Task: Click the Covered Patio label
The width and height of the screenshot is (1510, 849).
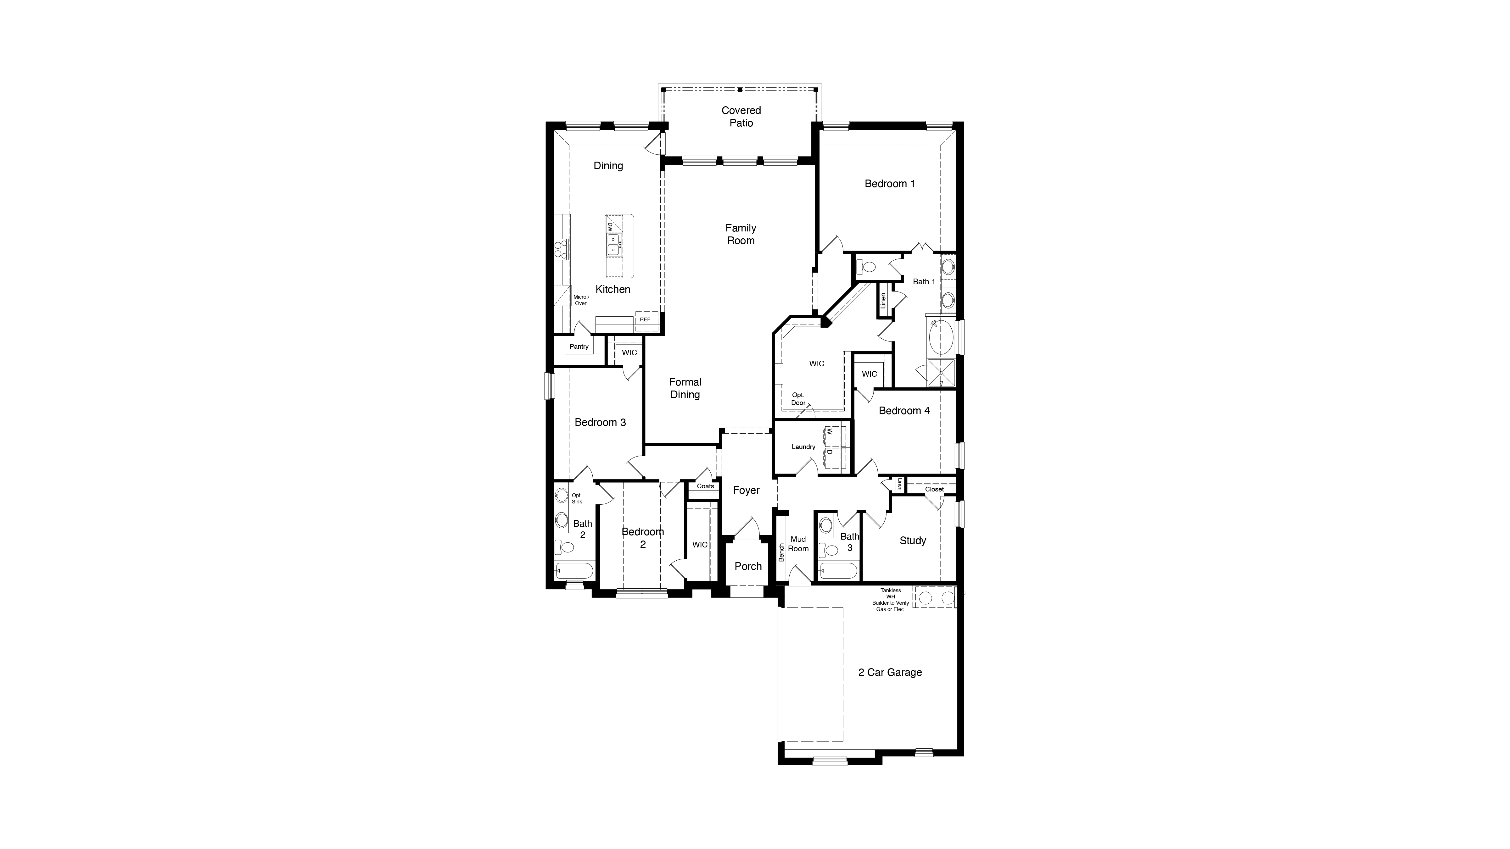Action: click(741, 117)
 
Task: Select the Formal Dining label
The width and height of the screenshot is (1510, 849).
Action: click(685, 388)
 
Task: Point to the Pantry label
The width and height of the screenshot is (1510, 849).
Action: click(579, 346)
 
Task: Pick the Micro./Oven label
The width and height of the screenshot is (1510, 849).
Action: click(581, 300)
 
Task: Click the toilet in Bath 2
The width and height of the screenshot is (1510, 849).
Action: click(566, 547)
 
